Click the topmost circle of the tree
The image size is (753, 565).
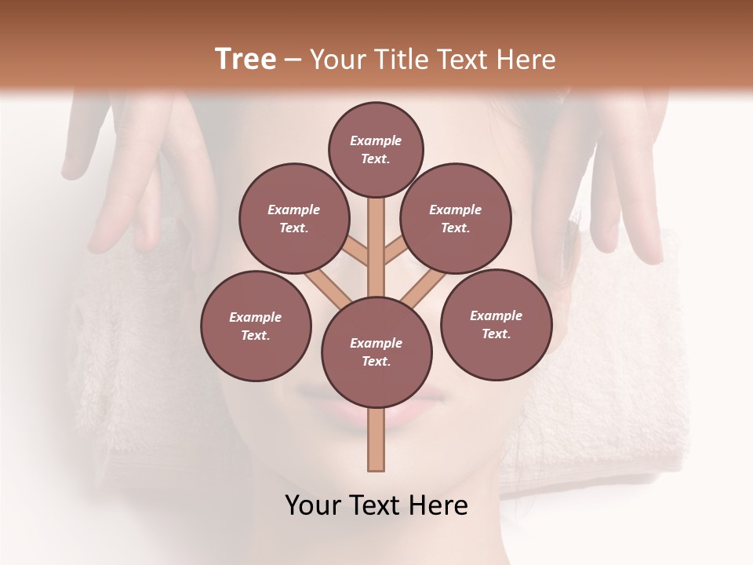[x=376, y=149]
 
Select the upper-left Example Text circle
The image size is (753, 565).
[x=293, y=218]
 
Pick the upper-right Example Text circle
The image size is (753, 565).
[x=456, y=218]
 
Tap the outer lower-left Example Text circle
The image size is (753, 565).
[x=256, y=326]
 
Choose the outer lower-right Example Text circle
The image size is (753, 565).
[x=496, y=324]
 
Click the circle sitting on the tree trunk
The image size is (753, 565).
[x=376, y=352]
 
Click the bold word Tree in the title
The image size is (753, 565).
[x=246, y=59]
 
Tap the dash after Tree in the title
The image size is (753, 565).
[x=293, y=60]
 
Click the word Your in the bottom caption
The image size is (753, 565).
[x=314, y=505]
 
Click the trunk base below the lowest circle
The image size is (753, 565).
[x=376, y=439]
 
